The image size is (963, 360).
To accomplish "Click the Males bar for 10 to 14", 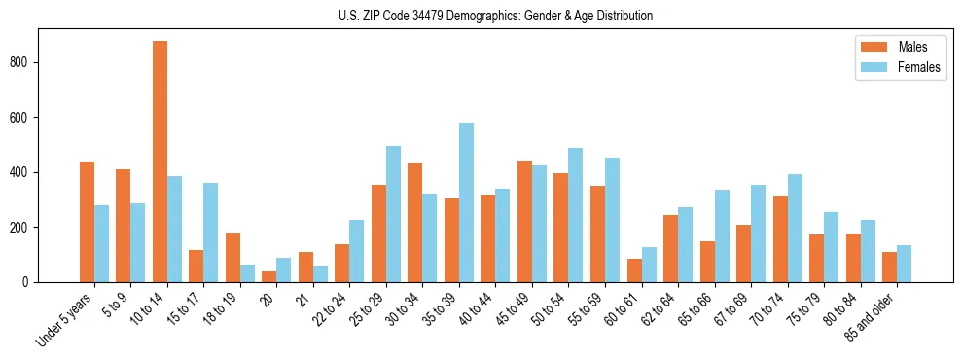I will (160, 162).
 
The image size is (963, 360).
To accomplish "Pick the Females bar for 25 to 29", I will (393, 214).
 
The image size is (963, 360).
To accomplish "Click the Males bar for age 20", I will (269, 276).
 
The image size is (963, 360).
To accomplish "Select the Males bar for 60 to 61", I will (634, 270).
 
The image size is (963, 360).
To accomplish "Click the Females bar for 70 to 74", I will (795, 229).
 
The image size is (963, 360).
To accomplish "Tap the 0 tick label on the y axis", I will (28, 282).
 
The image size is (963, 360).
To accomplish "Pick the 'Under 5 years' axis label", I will (65, 317).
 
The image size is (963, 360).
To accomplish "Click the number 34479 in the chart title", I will (441, 17).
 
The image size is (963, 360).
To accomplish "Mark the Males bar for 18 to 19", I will (232, 257).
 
